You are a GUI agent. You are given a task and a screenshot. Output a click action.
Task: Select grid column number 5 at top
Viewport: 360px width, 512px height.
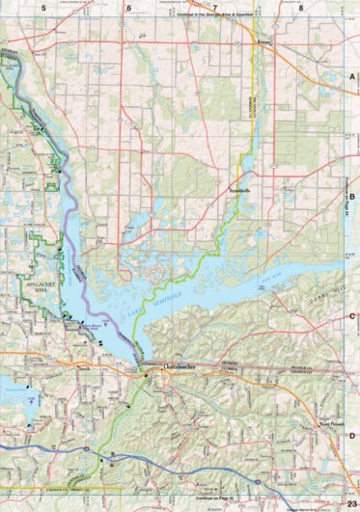(43, 8)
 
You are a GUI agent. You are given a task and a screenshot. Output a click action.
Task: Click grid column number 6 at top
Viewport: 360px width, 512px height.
(127, 8)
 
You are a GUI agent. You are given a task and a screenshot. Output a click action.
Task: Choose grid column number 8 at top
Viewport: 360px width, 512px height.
(300, 8)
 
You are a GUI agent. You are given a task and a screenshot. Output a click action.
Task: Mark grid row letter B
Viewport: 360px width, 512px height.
(352, 196)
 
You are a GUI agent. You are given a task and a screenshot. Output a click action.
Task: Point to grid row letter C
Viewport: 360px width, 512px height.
(352, 315)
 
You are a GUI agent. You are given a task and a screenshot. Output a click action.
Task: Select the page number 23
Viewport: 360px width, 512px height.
(349, 504)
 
